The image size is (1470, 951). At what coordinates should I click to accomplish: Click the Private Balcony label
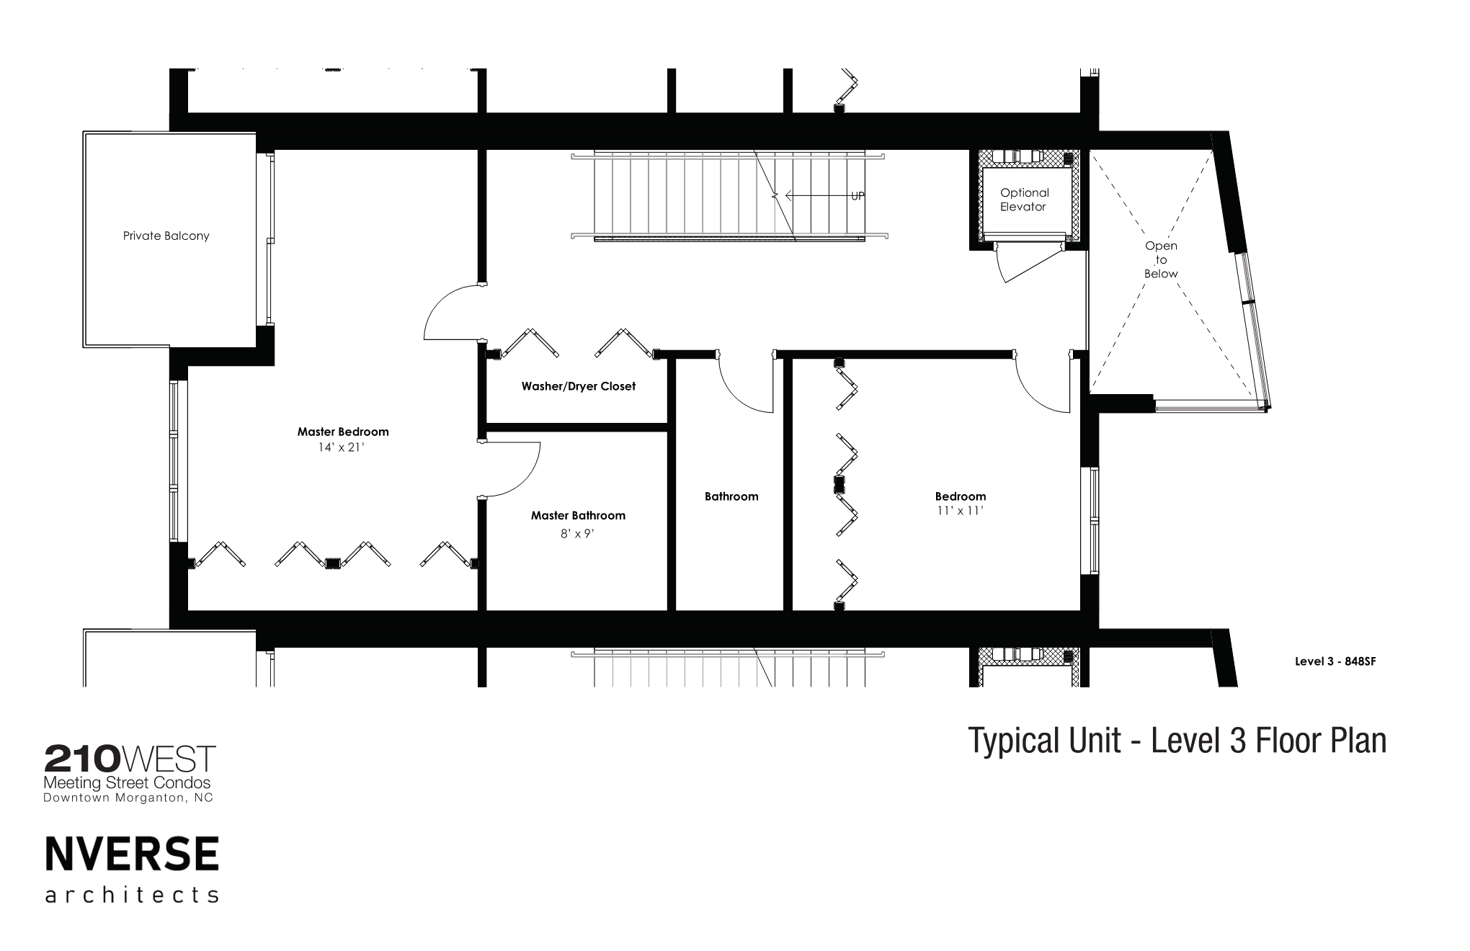(x=166, y=236)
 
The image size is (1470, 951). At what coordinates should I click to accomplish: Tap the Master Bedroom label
(x=343, y=432)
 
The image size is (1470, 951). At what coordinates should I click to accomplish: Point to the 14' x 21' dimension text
(x=343, y=447)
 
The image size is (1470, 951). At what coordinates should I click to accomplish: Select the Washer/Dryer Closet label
(x=579, y=386)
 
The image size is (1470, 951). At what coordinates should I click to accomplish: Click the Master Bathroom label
(x=578, y=515)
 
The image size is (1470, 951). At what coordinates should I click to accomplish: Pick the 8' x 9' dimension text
(x=578, y=534)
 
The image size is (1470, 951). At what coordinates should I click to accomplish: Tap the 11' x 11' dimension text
(x=961, y=511)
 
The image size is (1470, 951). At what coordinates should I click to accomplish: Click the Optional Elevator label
(x=1024, y=200)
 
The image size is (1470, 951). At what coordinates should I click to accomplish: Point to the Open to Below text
(x=1161, y=260)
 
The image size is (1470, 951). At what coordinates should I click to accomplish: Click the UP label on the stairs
(x=857, y=196)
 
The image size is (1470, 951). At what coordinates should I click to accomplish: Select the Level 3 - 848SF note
(x=1335, y=661)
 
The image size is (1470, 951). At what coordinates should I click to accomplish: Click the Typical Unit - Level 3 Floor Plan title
(x=1177, y=741)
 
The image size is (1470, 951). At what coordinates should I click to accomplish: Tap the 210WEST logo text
(x=130, y=759)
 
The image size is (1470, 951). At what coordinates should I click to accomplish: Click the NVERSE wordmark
(x=132, y=854)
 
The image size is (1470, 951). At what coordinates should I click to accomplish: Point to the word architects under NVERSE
(x=132, y=895)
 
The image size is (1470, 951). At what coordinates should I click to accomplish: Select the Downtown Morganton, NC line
(x=128, y=798)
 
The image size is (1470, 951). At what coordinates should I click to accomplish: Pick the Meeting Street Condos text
(x=128, y=782)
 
